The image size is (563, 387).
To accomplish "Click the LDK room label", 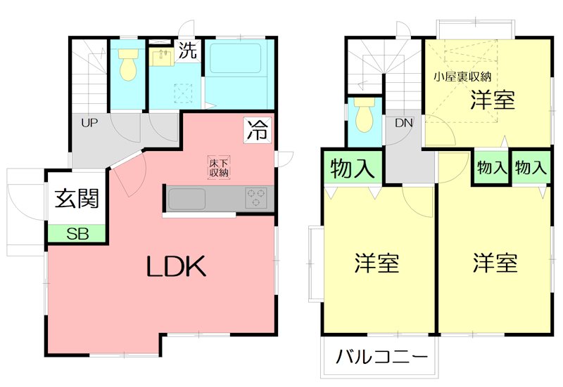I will coord(176,266).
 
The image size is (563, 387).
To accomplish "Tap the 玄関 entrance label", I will coord(77,198).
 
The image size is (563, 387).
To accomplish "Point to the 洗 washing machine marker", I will coord(187,51).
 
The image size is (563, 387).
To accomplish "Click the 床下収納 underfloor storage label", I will coord(218,167).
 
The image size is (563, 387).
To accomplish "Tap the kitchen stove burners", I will coord(255,197).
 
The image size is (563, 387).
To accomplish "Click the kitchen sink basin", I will coord(187,198).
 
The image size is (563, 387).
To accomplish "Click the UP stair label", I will coord(89,123).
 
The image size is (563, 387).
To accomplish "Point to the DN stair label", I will coord(403,123).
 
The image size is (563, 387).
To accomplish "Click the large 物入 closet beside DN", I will coord(353,169).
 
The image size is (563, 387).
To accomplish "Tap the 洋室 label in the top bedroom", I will coord(493,100).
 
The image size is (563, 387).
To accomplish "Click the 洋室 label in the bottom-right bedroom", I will coord(495,263).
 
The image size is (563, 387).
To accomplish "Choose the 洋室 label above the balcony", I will coord(377,263).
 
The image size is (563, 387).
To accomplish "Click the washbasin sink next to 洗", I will coord(161,55).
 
